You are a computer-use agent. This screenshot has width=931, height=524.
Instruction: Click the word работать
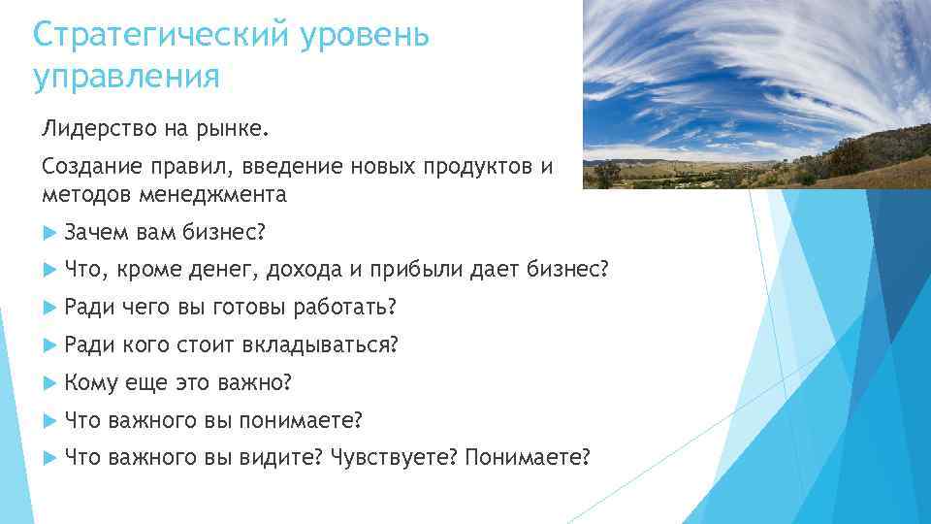[x=342, y=308]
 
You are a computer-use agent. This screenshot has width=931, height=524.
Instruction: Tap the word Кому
[x=90, y=382]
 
